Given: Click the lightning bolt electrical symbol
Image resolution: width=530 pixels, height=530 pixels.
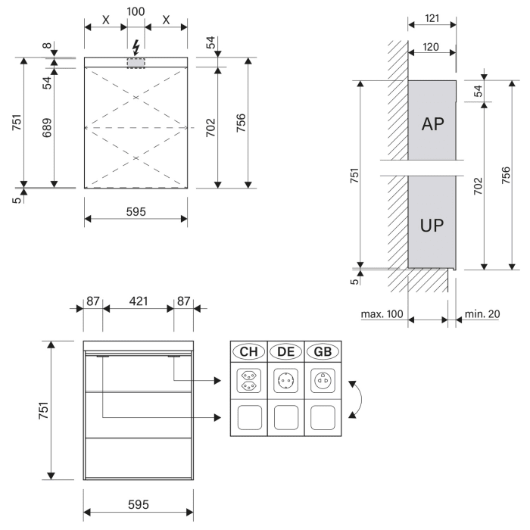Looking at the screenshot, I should [136, 46].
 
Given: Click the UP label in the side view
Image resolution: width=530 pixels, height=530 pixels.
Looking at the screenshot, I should [432, 225].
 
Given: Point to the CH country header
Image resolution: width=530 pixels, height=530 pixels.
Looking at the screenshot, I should [248, 351].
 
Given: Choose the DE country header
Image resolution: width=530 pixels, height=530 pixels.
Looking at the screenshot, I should [286, 351].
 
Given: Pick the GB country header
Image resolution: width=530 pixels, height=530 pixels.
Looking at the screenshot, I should [323, 351].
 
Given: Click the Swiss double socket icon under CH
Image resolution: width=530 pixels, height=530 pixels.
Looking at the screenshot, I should [248, 379].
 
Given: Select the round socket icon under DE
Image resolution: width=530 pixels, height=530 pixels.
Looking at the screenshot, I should [286, 379].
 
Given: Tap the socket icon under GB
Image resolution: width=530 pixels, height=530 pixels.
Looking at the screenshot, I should [323, 379].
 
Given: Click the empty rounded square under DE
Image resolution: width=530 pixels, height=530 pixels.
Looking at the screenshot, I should [286, 416].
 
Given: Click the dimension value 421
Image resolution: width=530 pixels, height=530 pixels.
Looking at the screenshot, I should [138, 301].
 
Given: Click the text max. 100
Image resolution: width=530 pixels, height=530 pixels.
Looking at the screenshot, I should [382, 313].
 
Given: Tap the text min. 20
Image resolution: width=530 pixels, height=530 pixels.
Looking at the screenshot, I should [482, 313].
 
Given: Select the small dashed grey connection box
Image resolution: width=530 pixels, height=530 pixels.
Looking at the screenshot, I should [136, 63].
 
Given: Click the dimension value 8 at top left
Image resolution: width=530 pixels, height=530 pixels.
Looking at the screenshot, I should [47, 46].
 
